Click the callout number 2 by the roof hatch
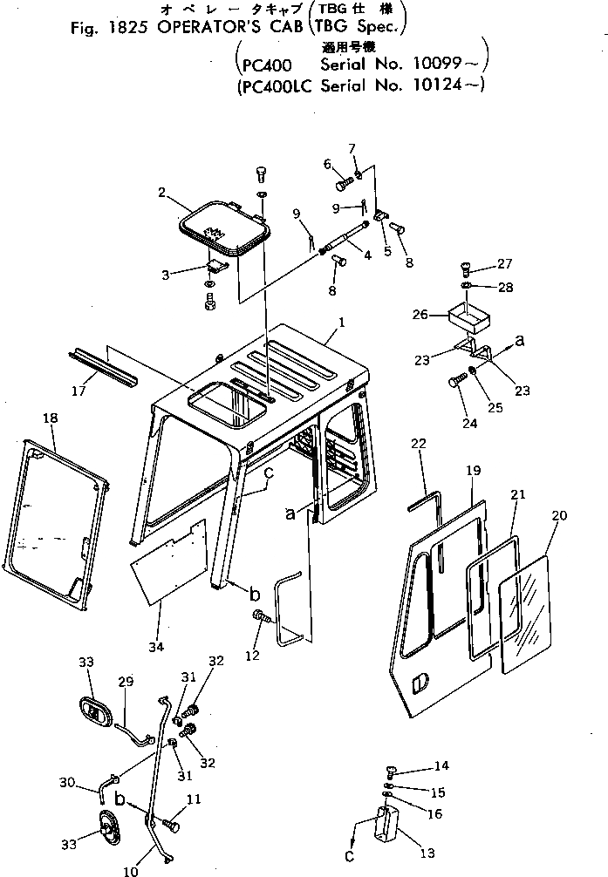click(x=163, y=192)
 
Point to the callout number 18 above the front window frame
click(x=50, y=418)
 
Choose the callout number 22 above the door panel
click(x=419, y=445)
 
